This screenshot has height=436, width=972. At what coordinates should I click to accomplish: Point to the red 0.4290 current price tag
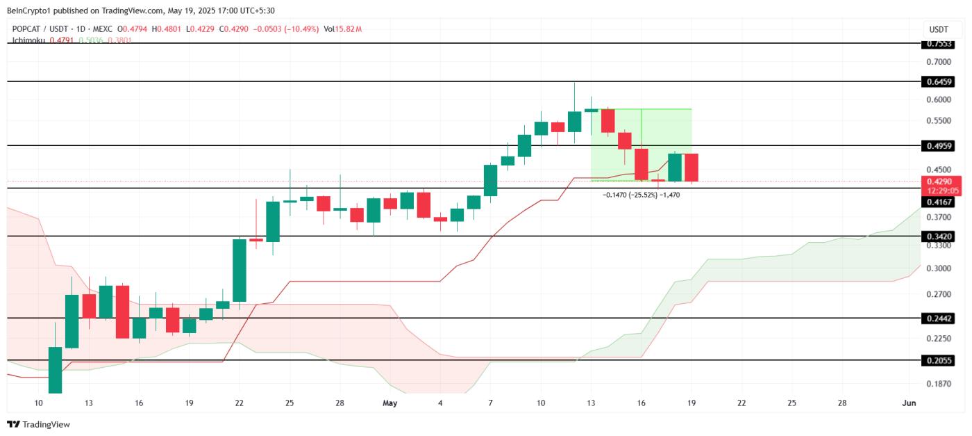[942, 181]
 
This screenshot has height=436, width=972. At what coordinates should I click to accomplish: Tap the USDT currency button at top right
[939, 29]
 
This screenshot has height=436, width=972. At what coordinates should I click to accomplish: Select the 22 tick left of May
[240, 403]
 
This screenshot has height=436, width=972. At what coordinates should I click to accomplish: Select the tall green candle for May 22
[240, 271]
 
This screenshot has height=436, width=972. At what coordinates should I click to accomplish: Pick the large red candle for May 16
[641, 164]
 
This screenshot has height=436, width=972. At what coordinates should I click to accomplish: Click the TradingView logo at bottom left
[39, 424]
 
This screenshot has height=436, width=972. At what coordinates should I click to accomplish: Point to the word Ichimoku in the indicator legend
[27, 40]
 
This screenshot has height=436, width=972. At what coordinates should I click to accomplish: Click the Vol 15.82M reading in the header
[346, 29]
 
